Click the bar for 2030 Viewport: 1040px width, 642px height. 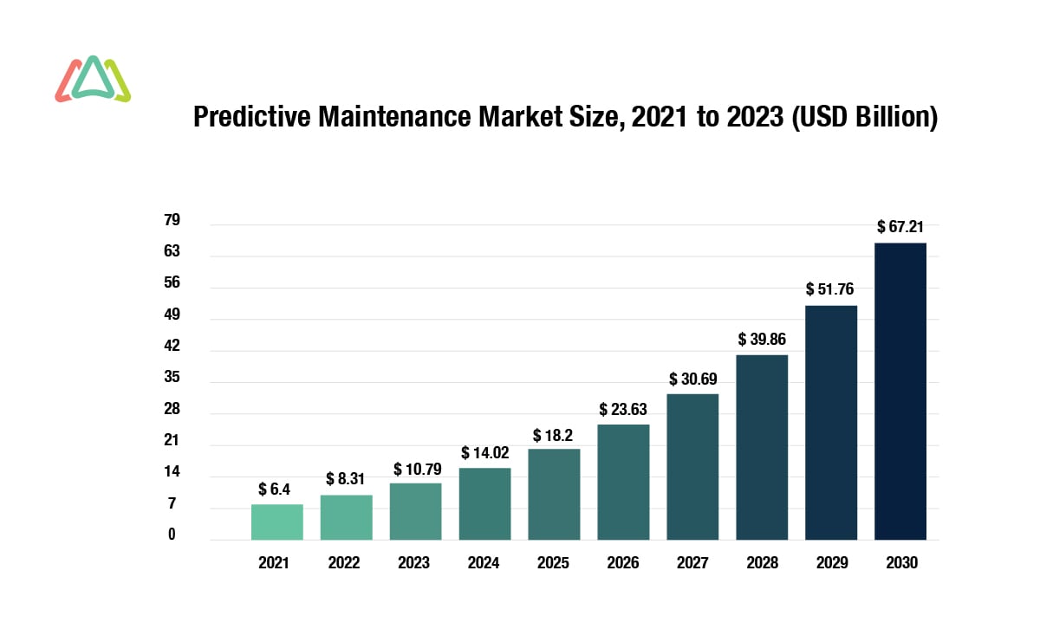900,391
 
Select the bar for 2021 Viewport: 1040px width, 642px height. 276,522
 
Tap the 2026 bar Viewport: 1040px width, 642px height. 623,482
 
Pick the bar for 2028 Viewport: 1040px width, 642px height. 762,447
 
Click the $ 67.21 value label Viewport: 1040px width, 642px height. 900,227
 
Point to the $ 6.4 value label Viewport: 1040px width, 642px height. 276,490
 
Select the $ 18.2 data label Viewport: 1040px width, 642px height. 554,434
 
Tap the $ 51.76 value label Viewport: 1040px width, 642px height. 831,289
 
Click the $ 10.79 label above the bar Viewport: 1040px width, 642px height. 415,469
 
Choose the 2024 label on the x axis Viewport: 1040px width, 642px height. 484,563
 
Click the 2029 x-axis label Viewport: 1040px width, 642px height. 831,563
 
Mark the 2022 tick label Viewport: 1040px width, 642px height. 344,563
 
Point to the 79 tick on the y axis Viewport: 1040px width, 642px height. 172,220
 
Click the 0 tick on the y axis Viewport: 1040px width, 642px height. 172,535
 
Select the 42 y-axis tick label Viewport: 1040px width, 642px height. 172,347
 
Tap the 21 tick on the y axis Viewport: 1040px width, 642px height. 172,441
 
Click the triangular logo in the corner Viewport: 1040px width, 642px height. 93,79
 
